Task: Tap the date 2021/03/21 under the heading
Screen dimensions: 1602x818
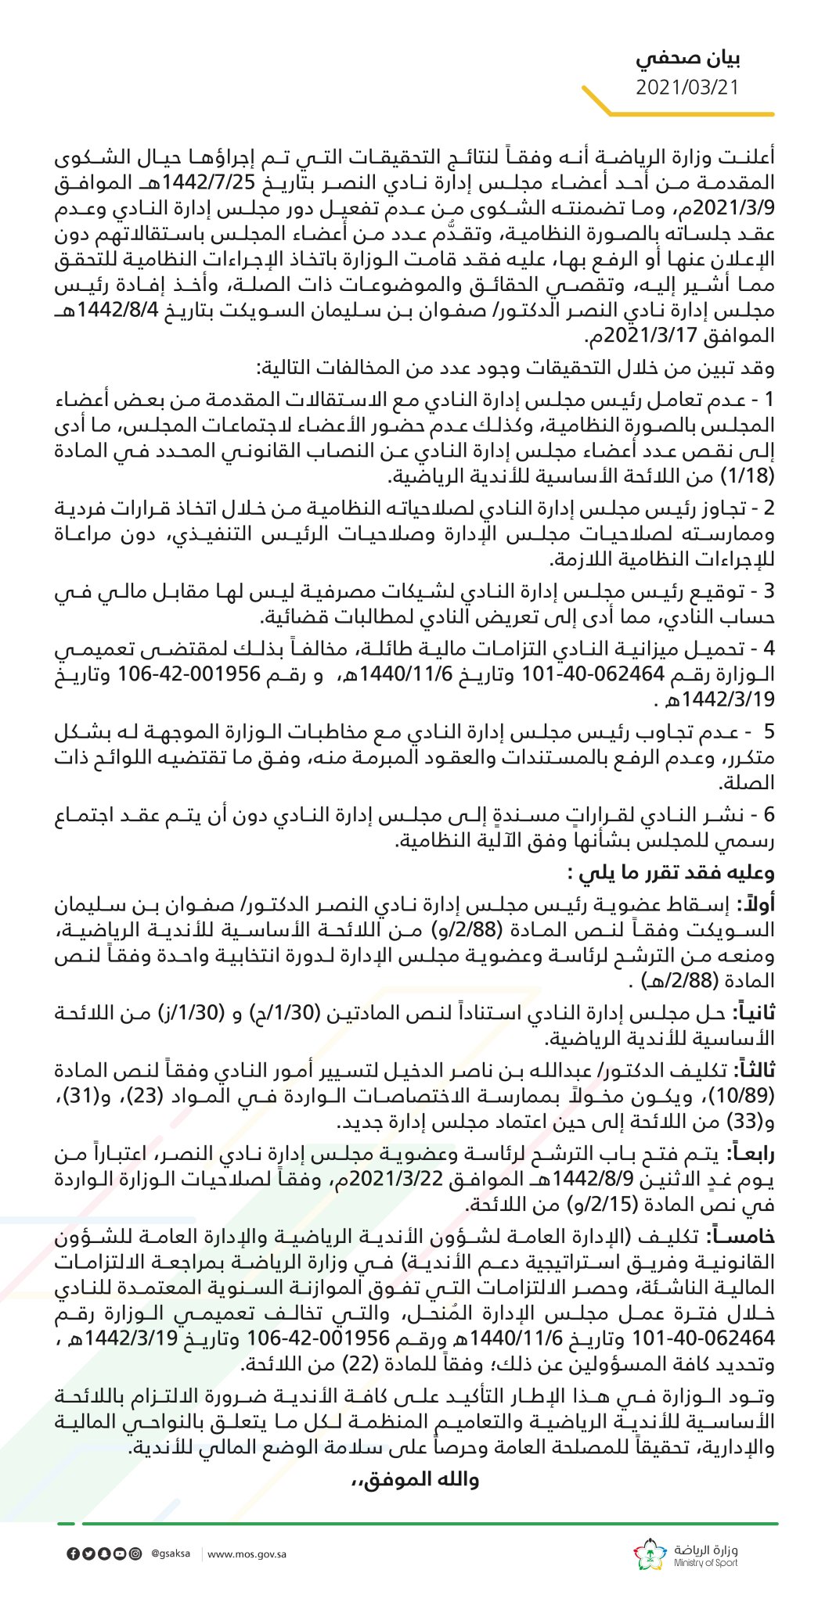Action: click(686, 87)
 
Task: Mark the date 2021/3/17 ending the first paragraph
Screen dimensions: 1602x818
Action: click(636, 337)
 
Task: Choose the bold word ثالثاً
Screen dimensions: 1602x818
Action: click(753, 1069)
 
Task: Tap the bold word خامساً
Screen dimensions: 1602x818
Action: click(746, 1235)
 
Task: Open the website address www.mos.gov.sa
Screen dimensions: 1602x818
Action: click(247, 1554)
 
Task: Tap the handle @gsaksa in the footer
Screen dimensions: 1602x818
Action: click(170, 1554)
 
